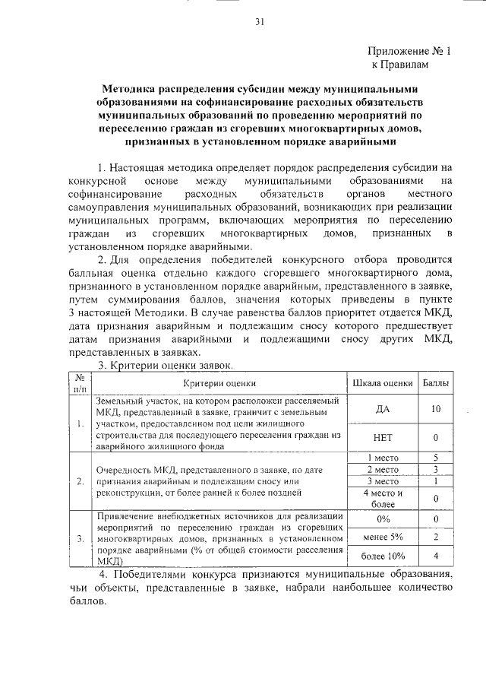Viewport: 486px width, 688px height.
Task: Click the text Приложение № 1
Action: pos(409,52)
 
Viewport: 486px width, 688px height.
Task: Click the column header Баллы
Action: pos(435,383)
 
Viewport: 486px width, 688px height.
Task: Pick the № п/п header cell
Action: pos(79,383)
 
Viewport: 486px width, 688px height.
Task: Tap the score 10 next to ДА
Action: pos(435,409)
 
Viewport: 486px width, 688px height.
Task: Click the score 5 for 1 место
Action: pos(435,458)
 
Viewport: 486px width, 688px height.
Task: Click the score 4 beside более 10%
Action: pos(435,556)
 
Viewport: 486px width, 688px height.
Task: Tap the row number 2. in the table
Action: pos(80,481)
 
